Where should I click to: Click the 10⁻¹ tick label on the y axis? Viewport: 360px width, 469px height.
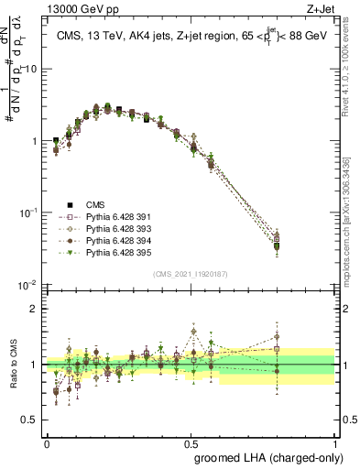pyautogui.click(x=28, y=213)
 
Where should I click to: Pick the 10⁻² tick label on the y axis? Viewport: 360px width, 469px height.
pyautogui.click(x=28, y=284)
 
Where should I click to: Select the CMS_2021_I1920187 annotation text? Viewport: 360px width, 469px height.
pyautogui.click(x=191, y=274)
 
